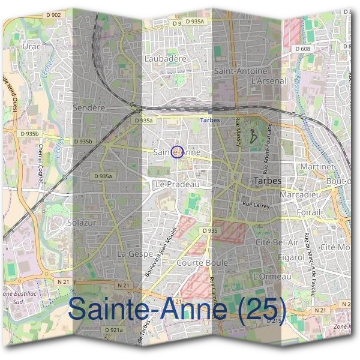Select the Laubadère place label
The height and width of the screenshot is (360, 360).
(x=166, y=59)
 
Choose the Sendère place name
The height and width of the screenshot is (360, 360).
(x=88, y=107)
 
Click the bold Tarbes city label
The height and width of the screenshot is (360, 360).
(x=268, y=180)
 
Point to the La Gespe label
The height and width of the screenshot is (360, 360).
(x=130, y=254)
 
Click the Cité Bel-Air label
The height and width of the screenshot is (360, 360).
(x=277, y=241)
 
